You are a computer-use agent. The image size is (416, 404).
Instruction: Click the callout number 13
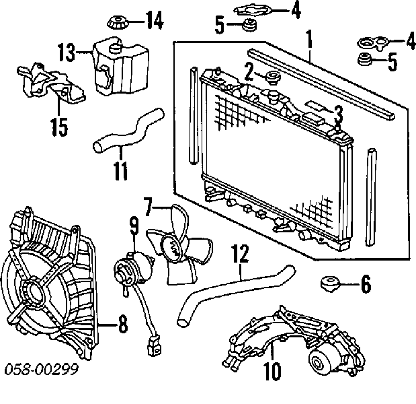click(x=67, y=53)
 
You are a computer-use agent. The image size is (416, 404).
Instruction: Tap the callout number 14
click(x=155, y=20)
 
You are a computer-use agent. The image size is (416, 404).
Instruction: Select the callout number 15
click(x=59, y=127)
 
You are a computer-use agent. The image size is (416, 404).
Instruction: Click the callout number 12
click(x=240, y=254)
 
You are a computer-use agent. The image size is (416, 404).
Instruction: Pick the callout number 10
click(x=272, y=371)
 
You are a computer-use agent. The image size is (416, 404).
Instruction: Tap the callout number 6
click(x=366, y=284)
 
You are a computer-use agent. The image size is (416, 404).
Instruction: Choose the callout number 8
click(x=123, y=324)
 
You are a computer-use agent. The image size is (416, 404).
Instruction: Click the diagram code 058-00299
click(x=42, y=369)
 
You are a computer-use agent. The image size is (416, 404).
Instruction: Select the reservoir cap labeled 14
click(x=118, y=23)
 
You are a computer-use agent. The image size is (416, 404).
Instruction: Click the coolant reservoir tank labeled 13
click(x=121, y=67)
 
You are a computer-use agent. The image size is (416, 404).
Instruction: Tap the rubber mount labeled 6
click(x=330, y=283)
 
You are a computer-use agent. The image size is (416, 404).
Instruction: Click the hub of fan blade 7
click(x=171, y=249)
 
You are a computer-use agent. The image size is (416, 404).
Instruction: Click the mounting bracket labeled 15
click(x=51, y=83)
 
